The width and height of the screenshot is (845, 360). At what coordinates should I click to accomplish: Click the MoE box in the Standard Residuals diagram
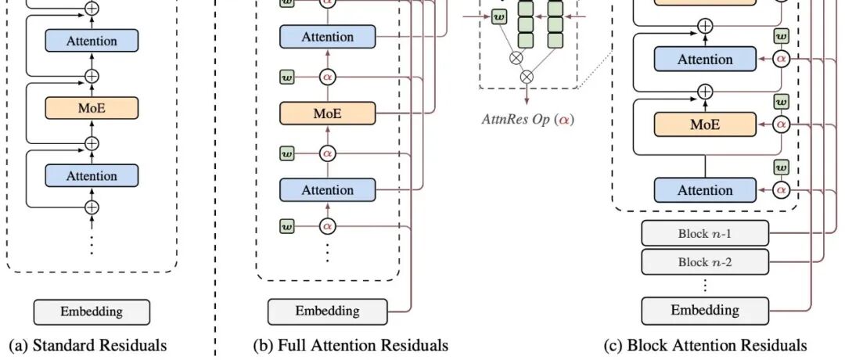[92, 108]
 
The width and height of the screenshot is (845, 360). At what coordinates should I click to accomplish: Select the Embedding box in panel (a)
[92, 312]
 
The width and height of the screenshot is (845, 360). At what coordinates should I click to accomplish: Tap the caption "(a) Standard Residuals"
[88, 345]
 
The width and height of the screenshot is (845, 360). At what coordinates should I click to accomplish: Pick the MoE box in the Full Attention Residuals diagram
[328, 113]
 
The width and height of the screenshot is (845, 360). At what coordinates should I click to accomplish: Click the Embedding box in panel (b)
[328, 311]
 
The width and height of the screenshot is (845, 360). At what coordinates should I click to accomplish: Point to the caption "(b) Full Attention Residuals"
[351, 345]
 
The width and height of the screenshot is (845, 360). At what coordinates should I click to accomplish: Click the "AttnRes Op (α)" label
[528, 119]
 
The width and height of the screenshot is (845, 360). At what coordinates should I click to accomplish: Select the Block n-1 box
[705, 234]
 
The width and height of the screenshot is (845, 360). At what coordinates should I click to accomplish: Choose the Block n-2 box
[705, 262]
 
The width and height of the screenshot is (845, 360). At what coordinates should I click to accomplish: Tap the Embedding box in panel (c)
[705, 311]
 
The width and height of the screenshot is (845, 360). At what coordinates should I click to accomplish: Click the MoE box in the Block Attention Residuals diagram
[705, 124]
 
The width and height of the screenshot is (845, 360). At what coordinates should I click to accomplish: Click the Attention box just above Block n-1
[705, 190]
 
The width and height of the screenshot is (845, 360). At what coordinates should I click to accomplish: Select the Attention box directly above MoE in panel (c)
[705, 59]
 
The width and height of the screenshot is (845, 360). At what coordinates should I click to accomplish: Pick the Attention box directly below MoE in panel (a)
[92, 175]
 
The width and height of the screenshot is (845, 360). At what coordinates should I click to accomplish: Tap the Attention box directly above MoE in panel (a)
[92, 41]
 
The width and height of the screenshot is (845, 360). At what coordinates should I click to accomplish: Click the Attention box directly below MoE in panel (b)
[328, 190]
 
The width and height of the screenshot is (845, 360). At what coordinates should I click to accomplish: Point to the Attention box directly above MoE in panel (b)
[328, 37]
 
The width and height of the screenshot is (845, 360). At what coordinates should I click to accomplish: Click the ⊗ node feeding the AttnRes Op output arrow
[527, 77]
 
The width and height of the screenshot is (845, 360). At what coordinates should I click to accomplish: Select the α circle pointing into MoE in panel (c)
[780, 124]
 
